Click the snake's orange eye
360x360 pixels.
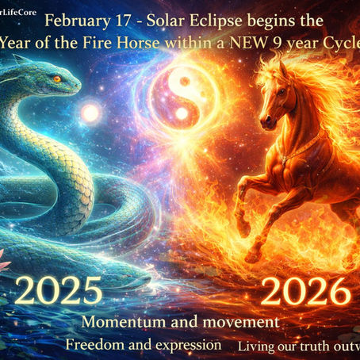(56, 79)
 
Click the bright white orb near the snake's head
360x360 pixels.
(90, 113)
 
